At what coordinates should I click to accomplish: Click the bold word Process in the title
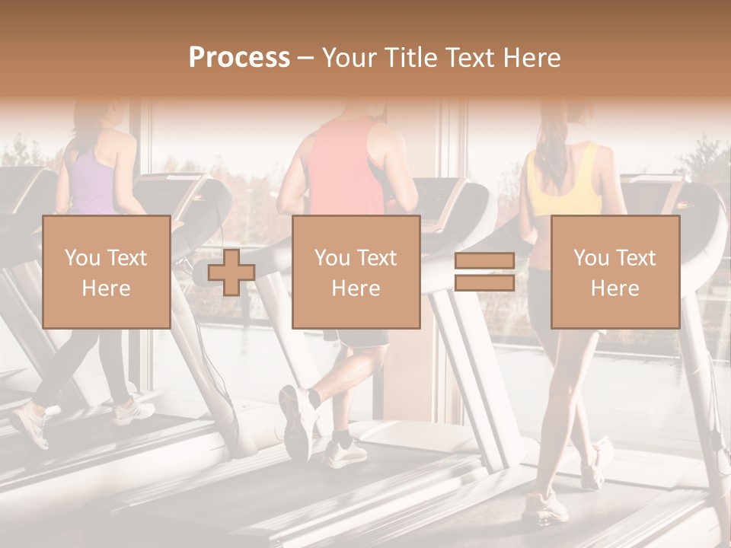pyautogui.click(x=239, y=58)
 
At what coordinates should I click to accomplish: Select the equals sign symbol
pyautogui.click(x=484, y=272)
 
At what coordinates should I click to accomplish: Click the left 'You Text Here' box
pyautogui.click(x=106, y=272)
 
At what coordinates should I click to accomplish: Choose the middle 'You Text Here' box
pyautogui.click(x=356, y=272)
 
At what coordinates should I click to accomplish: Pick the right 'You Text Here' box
pyautogui.click(x=614, y=272)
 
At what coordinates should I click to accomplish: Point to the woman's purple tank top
pyautogui.click(x=95, y=183)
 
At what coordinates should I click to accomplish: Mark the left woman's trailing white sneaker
pyautogui.click(x=30, y=422)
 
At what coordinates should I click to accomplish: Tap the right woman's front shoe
pyautogui.click(x=544, y=505)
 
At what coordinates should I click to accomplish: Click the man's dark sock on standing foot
pyautogui.click(x=342, y=439)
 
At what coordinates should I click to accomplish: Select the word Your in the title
pyautogui.click(x=348, y=58)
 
